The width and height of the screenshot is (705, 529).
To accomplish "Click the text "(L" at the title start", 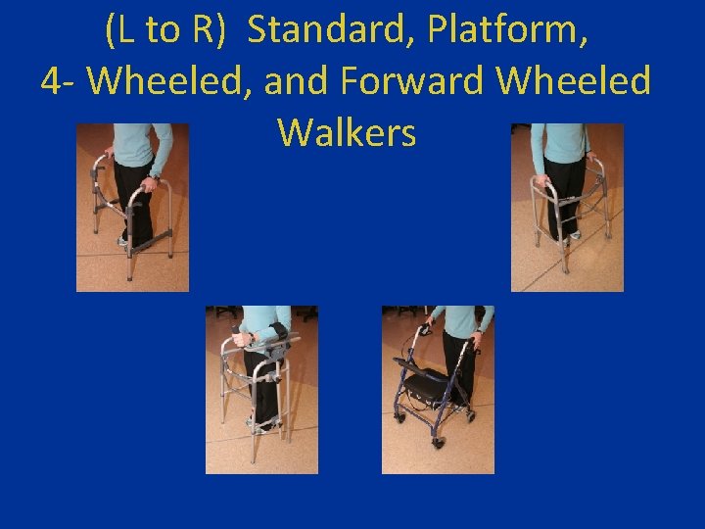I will [123, 31].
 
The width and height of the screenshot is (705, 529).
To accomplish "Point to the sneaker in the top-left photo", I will [124, 239].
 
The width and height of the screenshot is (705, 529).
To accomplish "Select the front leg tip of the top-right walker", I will [564, 269].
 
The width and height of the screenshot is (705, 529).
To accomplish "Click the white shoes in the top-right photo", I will [568, 235].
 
